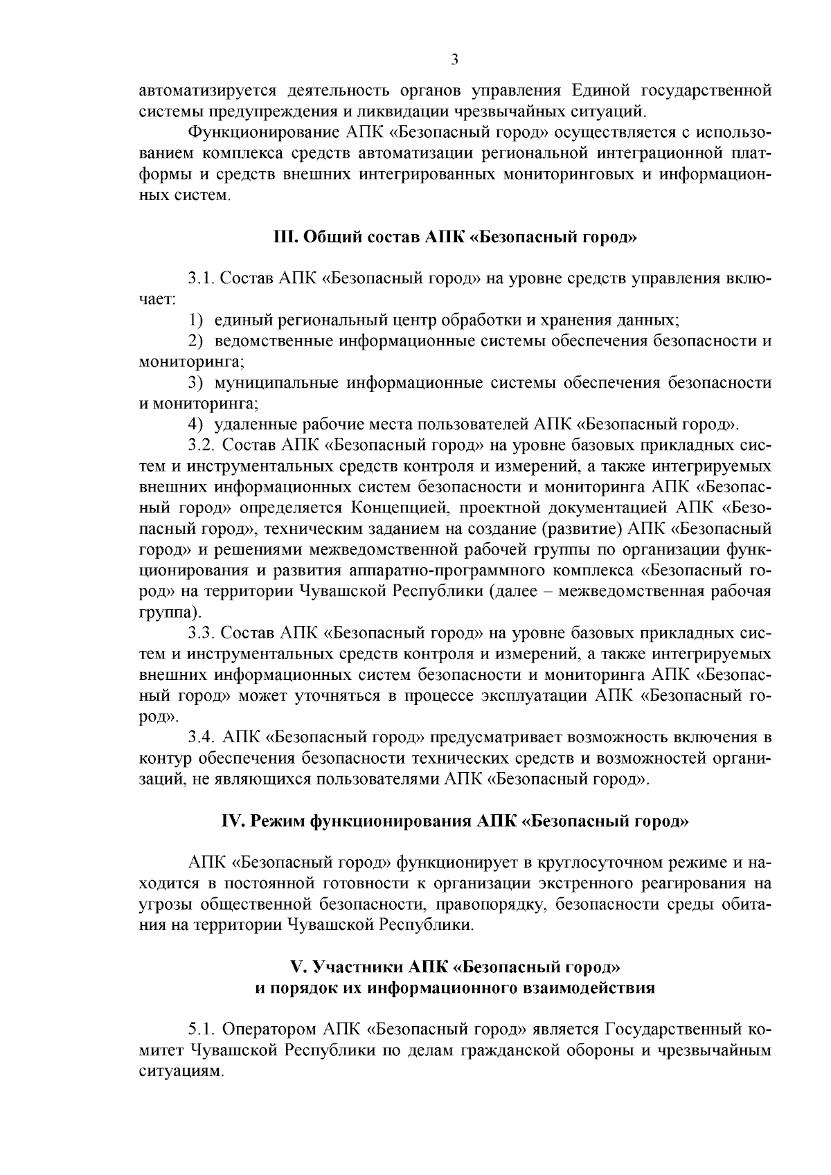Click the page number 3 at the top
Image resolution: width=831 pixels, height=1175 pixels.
click(x=454, y=60)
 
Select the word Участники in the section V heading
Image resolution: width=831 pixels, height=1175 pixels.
click(x=356, y=967)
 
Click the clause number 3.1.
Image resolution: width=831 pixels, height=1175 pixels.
click(x=202, y=279)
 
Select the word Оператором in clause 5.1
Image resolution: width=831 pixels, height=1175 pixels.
click(x=268, y=1029)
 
